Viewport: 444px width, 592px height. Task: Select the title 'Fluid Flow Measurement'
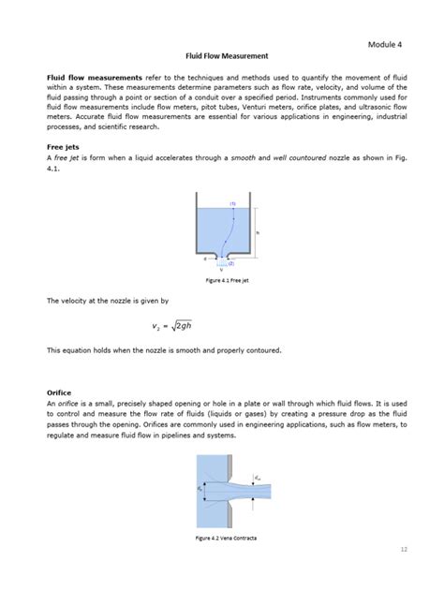(222, 57)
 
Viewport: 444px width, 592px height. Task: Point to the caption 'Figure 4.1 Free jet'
(221, 279)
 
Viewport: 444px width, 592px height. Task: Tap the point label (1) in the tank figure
(231, 203)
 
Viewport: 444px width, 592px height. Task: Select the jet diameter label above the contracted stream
(258, 477)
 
